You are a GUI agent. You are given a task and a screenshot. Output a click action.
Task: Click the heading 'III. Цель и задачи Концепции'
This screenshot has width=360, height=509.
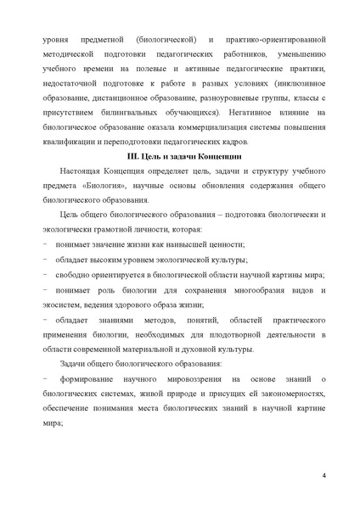[x=179, y=156]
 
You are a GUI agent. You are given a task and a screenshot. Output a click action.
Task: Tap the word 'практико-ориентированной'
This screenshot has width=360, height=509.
[x=277, y=40]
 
